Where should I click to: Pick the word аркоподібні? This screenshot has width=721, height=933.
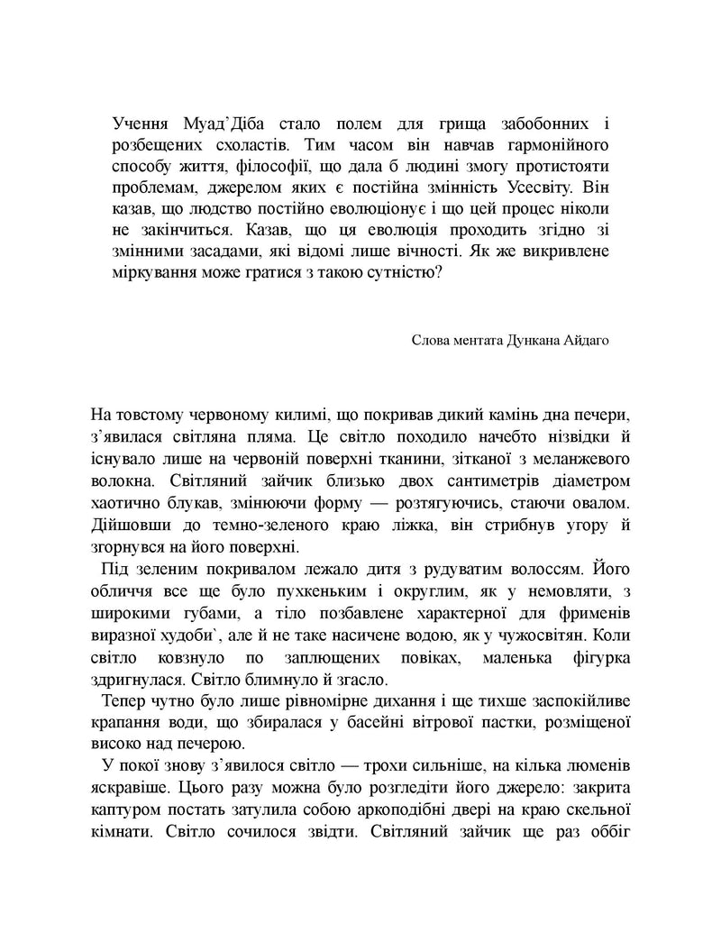415,809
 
